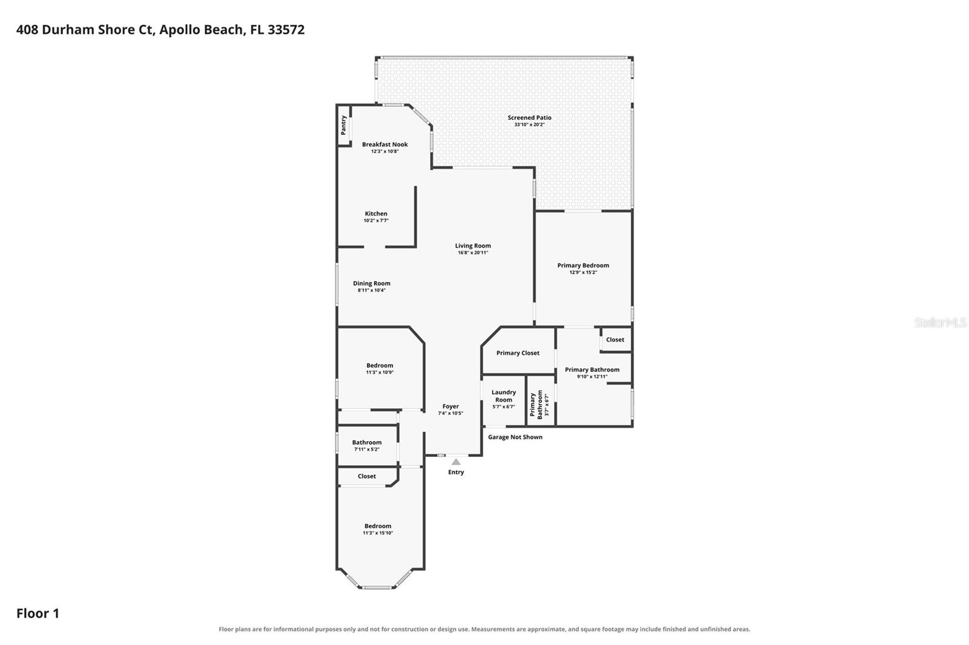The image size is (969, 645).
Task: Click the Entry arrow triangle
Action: (456, 462)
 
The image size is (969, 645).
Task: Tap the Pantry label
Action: (343, 125)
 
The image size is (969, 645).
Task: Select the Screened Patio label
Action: (529, 117)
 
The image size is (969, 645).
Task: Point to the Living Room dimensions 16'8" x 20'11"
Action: (473, 253)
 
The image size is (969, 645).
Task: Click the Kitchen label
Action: (376, 214)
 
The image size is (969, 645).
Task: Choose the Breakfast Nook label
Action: (385, 145)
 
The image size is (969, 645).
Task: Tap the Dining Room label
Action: (372, 284)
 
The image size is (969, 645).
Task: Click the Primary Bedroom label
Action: (583, 266)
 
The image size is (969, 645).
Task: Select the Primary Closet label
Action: (518, 353)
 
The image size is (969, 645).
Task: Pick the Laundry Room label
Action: (503, 396)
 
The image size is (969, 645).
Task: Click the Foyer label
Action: (451, 407)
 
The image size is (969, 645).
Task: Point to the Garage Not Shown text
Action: (515, 437)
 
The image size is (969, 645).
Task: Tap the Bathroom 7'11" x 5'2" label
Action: (367, 442)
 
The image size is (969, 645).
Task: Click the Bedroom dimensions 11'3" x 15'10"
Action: (378, 533)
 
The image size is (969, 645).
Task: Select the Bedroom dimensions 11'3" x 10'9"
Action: (380, 372)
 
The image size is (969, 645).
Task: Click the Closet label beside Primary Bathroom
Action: (615, 340)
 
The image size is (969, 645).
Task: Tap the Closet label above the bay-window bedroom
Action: (367, 476)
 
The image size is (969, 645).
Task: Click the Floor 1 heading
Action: (38, 614)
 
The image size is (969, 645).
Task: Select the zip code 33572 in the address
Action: (286, 30)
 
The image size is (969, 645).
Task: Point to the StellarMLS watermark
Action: (941, 322)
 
